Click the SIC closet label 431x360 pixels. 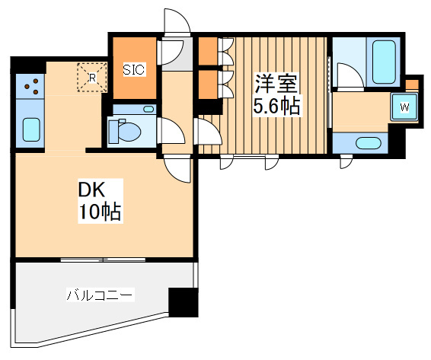coord(134,70)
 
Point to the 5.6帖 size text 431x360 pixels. coord(276,107)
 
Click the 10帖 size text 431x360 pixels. coord(100,212)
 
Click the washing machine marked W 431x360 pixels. coord(404,107)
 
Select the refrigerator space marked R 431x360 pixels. coord(91,77)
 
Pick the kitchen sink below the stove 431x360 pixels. coord(31,129)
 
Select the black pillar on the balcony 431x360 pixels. coord(183,302)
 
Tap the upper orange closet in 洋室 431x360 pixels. coord(207,53)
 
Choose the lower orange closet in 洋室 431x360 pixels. coord(207,84)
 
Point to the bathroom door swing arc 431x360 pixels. coord(347,76)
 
